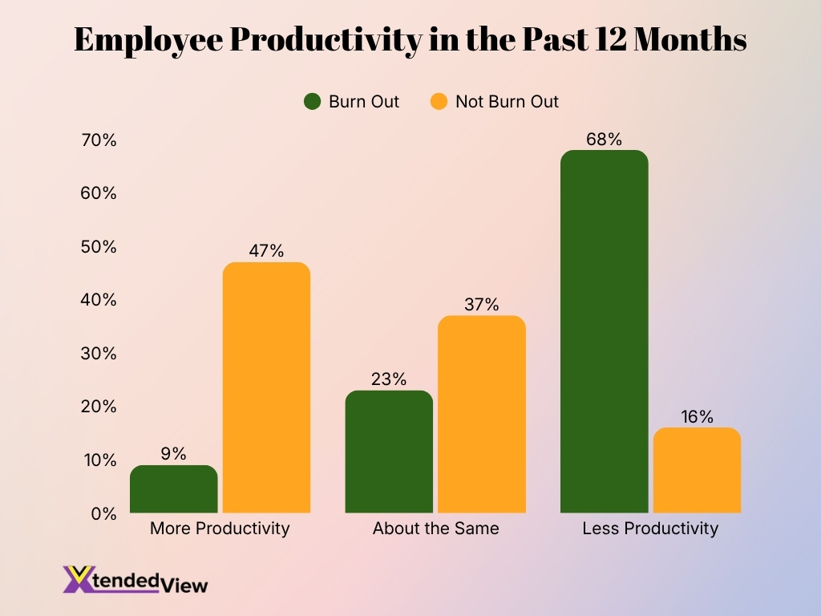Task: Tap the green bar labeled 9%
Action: pos(173,489)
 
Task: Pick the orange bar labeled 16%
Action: pos(697,470)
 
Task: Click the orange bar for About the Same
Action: pos(481,414)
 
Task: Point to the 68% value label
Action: pos(604,139)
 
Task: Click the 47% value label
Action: pos(265,251)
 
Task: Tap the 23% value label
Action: pos(389,379)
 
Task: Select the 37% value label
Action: pos(481,305)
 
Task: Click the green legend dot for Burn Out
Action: pos(312,102)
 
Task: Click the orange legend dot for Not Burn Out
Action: pos(438,102)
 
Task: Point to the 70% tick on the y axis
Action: pos(99,140)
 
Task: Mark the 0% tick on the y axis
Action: pos(103,513)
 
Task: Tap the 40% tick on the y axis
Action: pos(99,300)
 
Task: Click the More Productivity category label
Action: pos(220,529)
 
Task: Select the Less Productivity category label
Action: pos(650,529)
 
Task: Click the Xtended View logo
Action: pos(135,579)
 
